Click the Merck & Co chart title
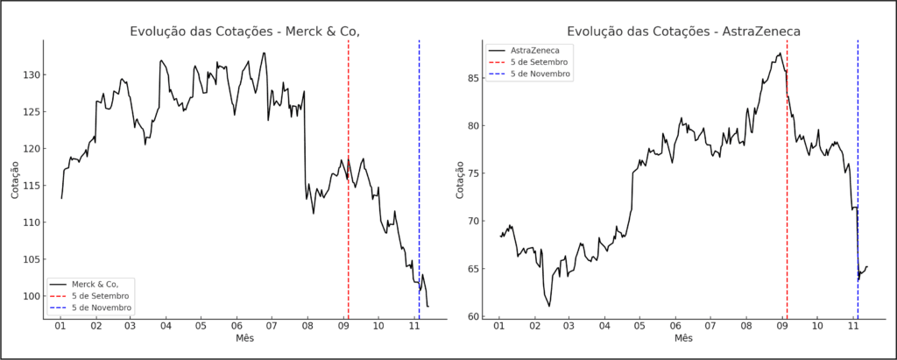click(244, 32)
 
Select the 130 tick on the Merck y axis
click(32, 75)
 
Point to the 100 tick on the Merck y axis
click(32, 296)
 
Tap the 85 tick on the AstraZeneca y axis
click(474, 78)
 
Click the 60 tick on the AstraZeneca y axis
click(474, 316)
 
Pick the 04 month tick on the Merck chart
click(166, 326)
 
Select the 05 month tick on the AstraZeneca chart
click(640, 326)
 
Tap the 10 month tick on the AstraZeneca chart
click(817, 326)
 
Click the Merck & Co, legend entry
click(95, 284)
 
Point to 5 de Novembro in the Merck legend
click(102, 307)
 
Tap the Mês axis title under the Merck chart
click(244, 338)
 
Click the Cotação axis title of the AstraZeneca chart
click(461, 179)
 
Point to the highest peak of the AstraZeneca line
click(780, 53)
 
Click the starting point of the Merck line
click(61, 198)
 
